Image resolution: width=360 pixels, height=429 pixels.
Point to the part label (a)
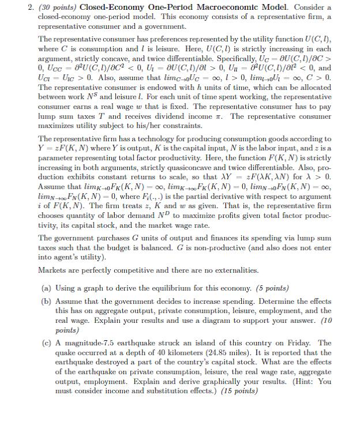tap(47, 288)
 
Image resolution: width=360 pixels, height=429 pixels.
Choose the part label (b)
tap(47, 302)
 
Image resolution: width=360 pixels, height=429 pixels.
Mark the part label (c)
tap(47, 343)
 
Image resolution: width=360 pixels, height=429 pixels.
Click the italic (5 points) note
tap(266, 288)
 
